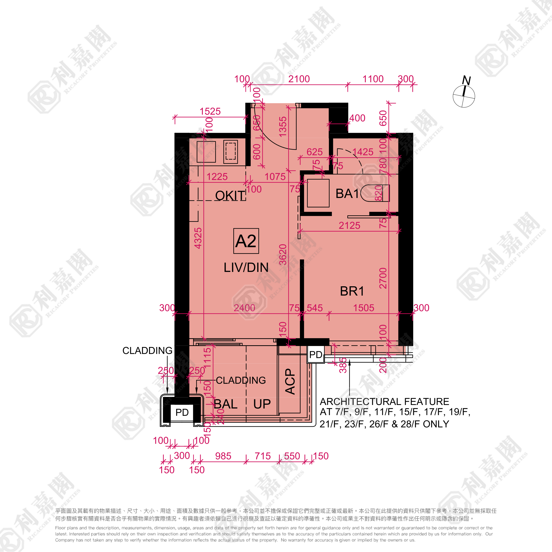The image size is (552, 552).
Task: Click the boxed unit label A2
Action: tap(246, 241)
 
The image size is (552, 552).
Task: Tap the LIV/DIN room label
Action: tap(246, 268)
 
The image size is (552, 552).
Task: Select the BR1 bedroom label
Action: tap(352, 291)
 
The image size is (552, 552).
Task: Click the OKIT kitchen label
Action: tap(230, 196)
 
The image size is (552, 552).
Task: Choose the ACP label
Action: tap(290, 381)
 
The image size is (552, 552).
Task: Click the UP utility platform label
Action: tap(262, 404)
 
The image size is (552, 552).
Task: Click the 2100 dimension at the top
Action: tap(299, 79)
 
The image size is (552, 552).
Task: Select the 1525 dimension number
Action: tap(210, 111)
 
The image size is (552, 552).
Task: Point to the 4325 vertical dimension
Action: tap(198, 238)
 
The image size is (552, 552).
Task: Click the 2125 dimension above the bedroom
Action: tap(350, 225)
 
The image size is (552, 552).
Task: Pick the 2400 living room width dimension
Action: tap(244, 308)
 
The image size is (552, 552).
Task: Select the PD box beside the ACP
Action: tap(316, 355)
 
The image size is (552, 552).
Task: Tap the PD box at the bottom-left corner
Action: tap(182, 412)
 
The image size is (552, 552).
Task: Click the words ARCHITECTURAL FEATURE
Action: tap(384, 401)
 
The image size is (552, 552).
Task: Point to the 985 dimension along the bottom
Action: tap(223, 456)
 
